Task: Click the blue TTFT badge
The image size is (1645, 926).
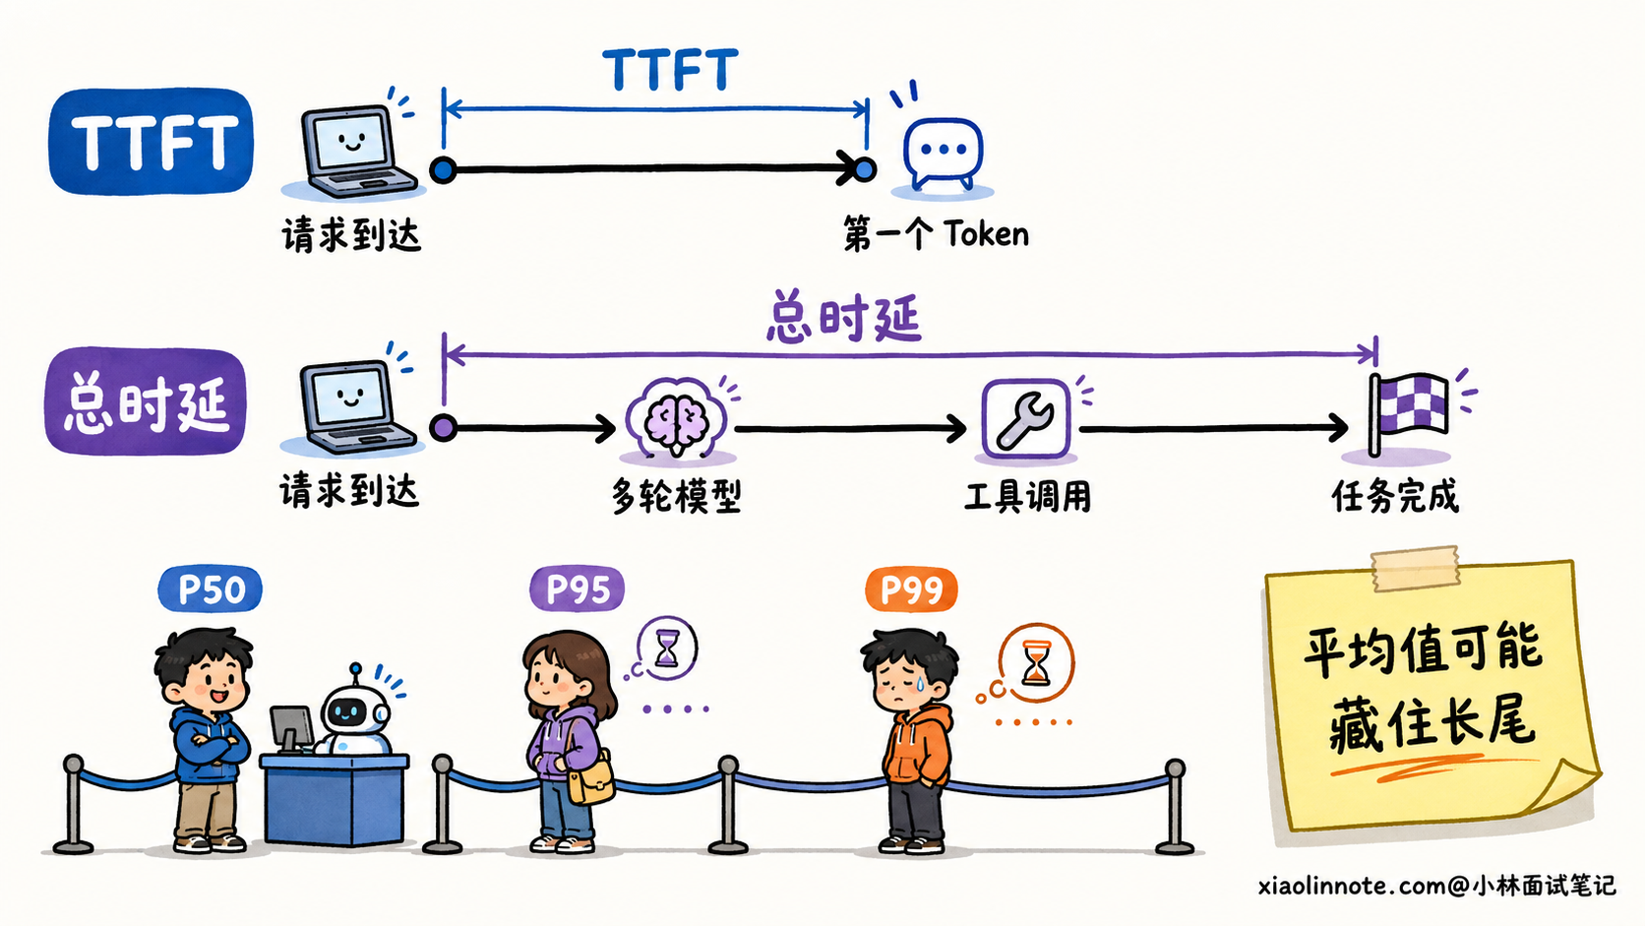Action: pos(151,142)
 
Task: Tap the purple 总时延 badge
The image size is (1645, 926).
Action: pos(146,401)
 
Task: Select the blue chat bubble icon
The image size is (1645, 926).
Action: pos(943,152)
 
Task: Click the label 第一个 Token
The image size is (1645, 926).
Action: pos(936,234)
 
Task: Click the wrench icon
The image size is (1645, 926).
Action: pos(1026,419)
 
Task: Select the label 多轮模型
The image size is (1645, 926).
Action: pos(676,496)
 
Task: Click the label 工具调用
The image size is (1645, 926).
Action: pos(1027,496)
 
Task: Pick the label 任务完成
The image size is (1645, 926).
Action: pos(1395,496)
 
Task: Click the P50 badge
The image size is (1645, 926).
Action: pos(210,588)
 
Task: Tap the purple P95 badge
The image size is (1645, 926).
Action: pos(578,588)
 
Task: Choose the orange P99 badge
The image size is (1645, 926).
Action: pos(911,588)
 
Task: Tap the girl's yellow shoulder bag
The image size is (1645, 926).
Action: pos(591,779)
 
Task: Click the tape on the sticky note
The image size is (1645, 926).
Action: pos(1415,569)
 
